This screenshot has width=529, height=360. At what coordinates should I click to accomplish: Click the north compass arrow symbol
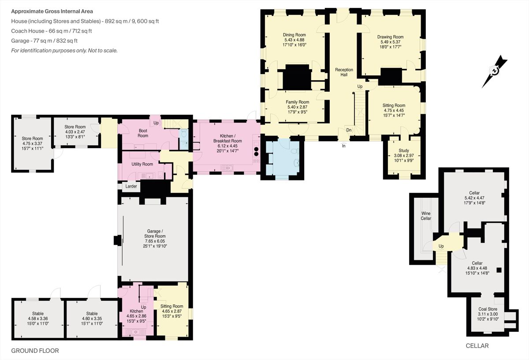pyautogui.click(x=495, y=71)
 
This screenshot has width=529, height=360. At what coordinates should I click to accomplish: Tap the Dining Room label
pyautogui.click(x=294, y=35)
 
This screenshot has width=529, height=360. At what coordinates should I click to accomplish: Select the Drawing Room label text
pyautogui.click(x=391, y=37)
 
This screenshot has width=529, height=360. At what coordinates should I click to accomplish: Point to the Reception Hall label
pyautogui.click(x=344, y=72)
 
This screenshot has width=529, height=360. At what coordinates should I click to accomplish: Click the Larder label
pyautogui.click(x=131, y=186)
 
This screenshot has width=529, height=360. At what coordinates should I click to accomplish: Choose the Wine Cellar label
pyautogui.click(x=426, y=216)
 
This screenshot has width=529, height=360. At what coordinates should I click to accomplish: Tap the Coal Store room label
pyautogui.click(x=488, y=309)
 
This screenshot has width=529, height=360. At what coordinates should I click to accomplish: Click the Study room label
pyautogui.click(x=404, y=150)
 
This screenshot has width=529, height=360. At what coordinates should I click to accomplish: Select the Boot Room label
pyautogui.click(x=143, y=133)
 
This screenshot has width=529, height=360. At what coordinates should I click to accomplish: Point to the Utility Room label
pyautogui.click(x=142, y=164)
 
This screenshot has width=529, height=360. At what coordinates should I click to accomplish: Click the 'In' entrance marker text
pyautogui.click(x=343, y=146)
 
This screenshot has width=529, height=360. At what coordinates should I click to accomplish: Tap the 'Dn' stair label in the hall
pyautogui.click(x=349, y=130)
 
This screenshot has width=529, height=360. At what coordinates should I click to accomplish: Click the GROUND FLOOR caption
pyautogui.click(x=35, y=351)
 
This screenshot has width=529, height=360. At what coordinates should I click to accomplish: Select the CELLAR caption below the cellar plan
pyautogui.click(x=477, y=346)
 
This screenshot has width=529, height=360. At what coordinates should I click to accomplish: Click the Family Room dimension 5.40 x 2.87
pyautogui.click(x=297, y=107)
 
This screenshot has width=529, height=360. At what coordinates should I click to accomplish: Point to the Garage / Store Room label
pyautogui.click(x=155, y=233)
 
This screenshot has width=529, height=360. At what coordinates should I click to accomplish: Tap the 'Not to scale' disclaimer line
pyautogui.click(x=64, y=51)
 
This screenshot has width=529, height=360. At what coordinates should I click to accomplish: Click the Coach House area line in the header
pyautogui.click(x=52, y=31)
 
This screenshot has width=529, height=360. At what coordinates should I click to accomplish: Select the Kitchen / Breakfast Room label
pyautogui.click(x=227, y=138)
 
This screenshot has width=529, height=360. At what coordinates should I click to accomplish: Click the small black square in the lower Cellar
pyautogui.click(x=499, y=270)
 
